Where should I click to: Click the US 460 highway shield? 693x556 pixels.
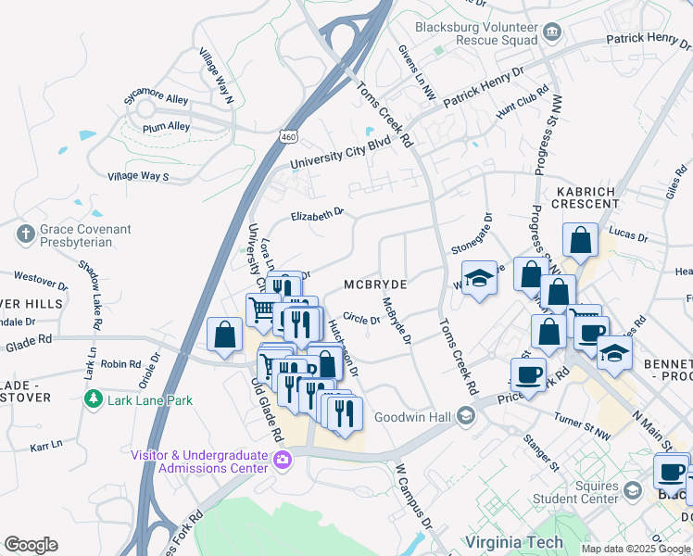tap(289, 136)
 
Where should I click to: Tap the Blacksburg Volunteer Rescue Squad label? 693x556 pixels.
tap(476, 33)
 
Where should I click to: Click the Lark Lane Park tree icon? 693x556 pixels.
tap(92, 398)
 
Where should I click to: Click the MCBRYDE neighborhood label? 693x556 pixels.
tap(375, 282)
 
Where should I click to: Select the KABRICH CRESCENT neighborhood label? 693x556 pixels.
tap(586, 196)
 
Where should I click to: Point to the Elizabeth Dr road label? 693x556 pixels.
tap(317, 215)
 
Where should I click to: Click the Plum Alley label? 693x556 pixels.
tap(167, 126)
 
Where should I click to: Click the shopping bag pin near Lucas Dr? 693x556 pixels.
tap(580, 239)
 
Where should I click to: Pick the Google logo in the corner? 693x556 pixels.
tap(31, 544)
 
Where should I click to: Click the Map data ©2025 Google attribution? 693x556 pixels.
tap(636, 549)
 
